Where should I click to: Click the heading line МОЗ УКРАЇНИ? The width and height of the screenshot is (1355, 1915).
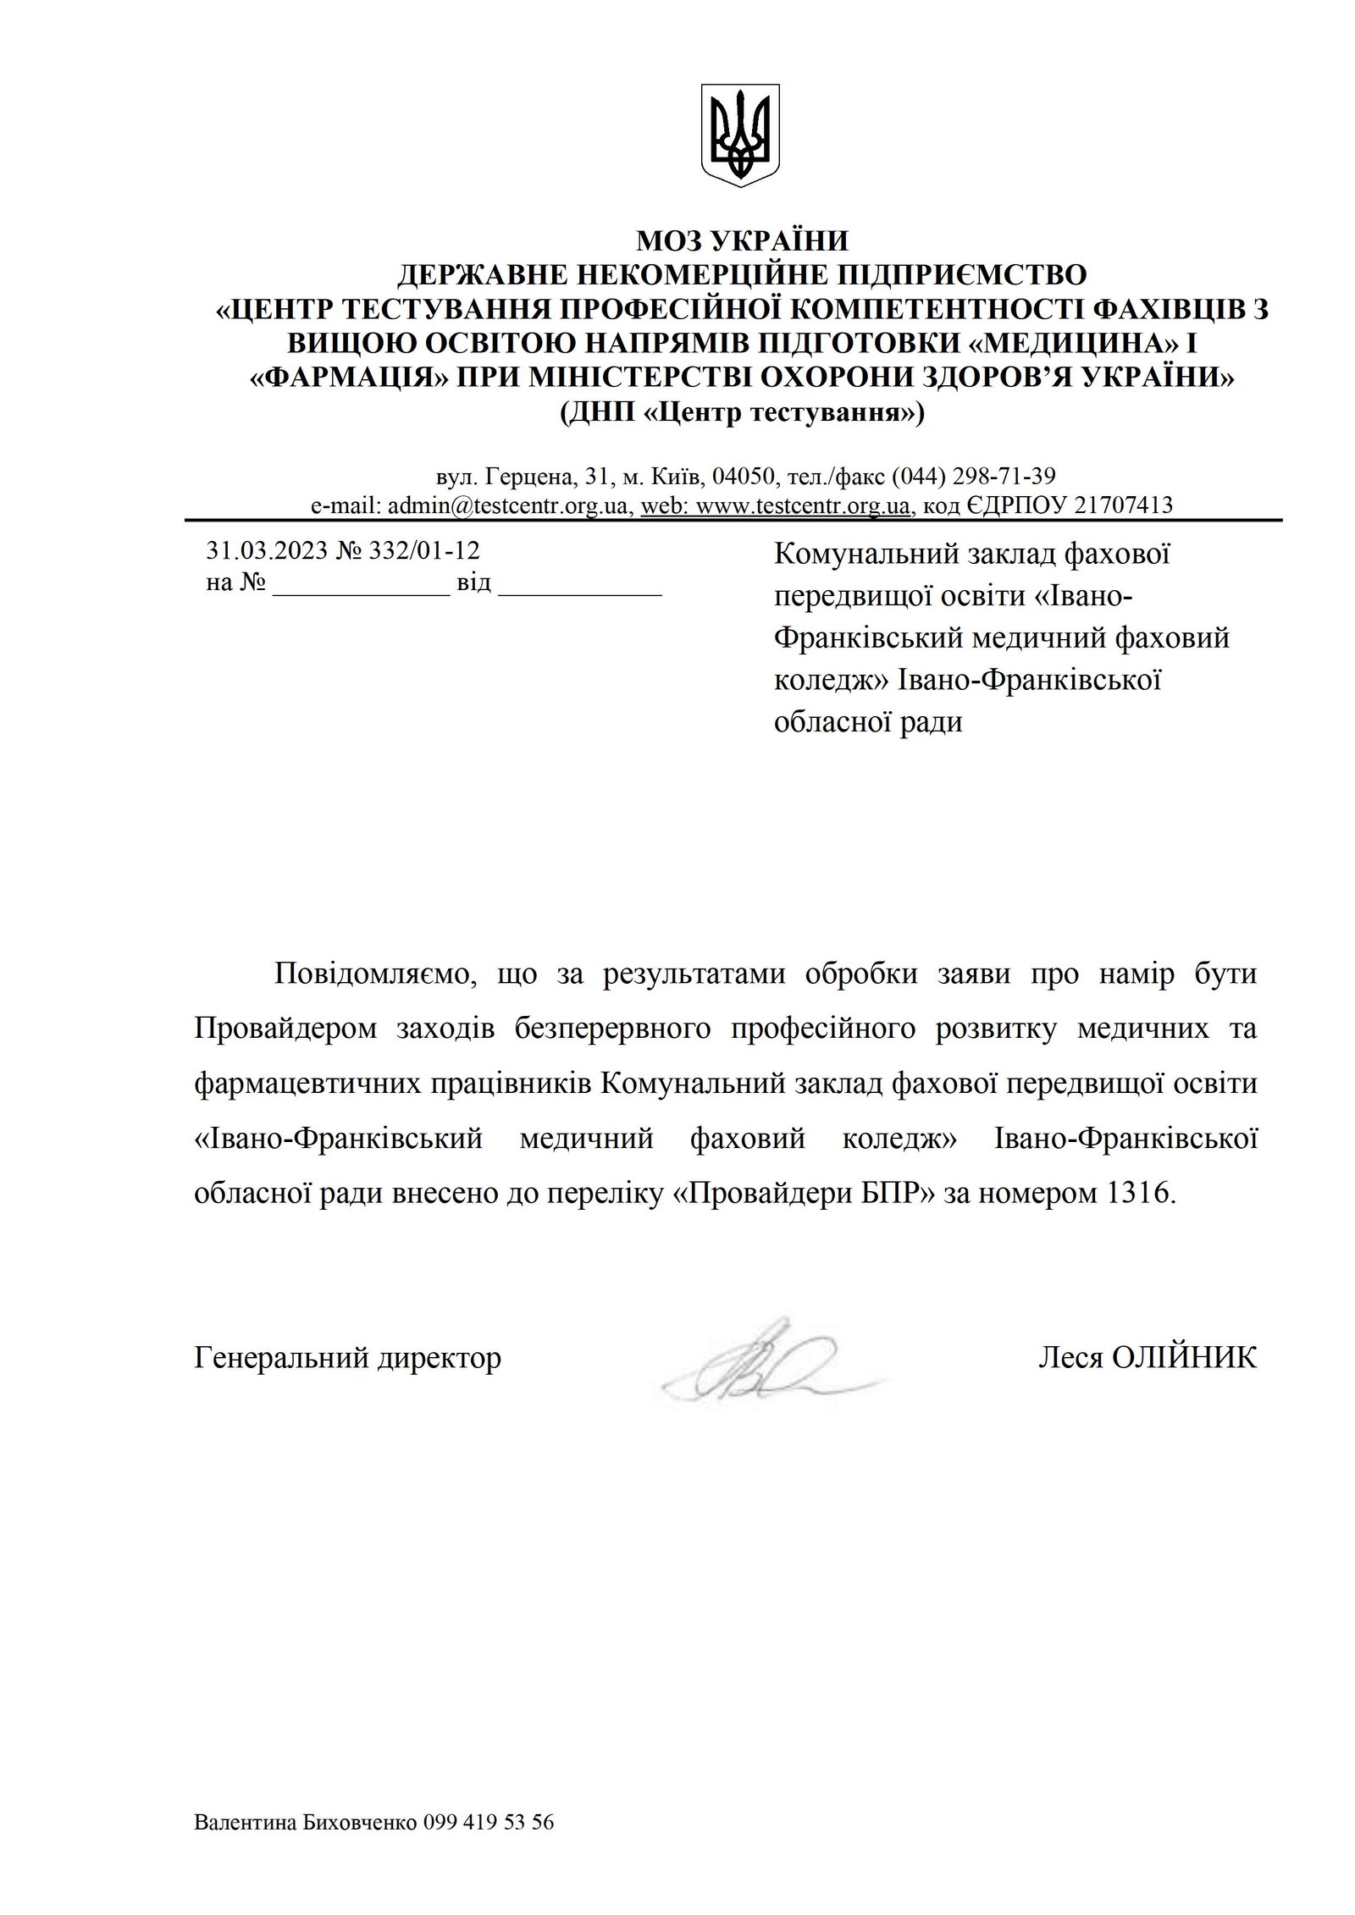(741, 241)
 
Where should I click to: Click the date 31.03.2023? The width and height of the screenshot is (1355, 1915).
(266, 551)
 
